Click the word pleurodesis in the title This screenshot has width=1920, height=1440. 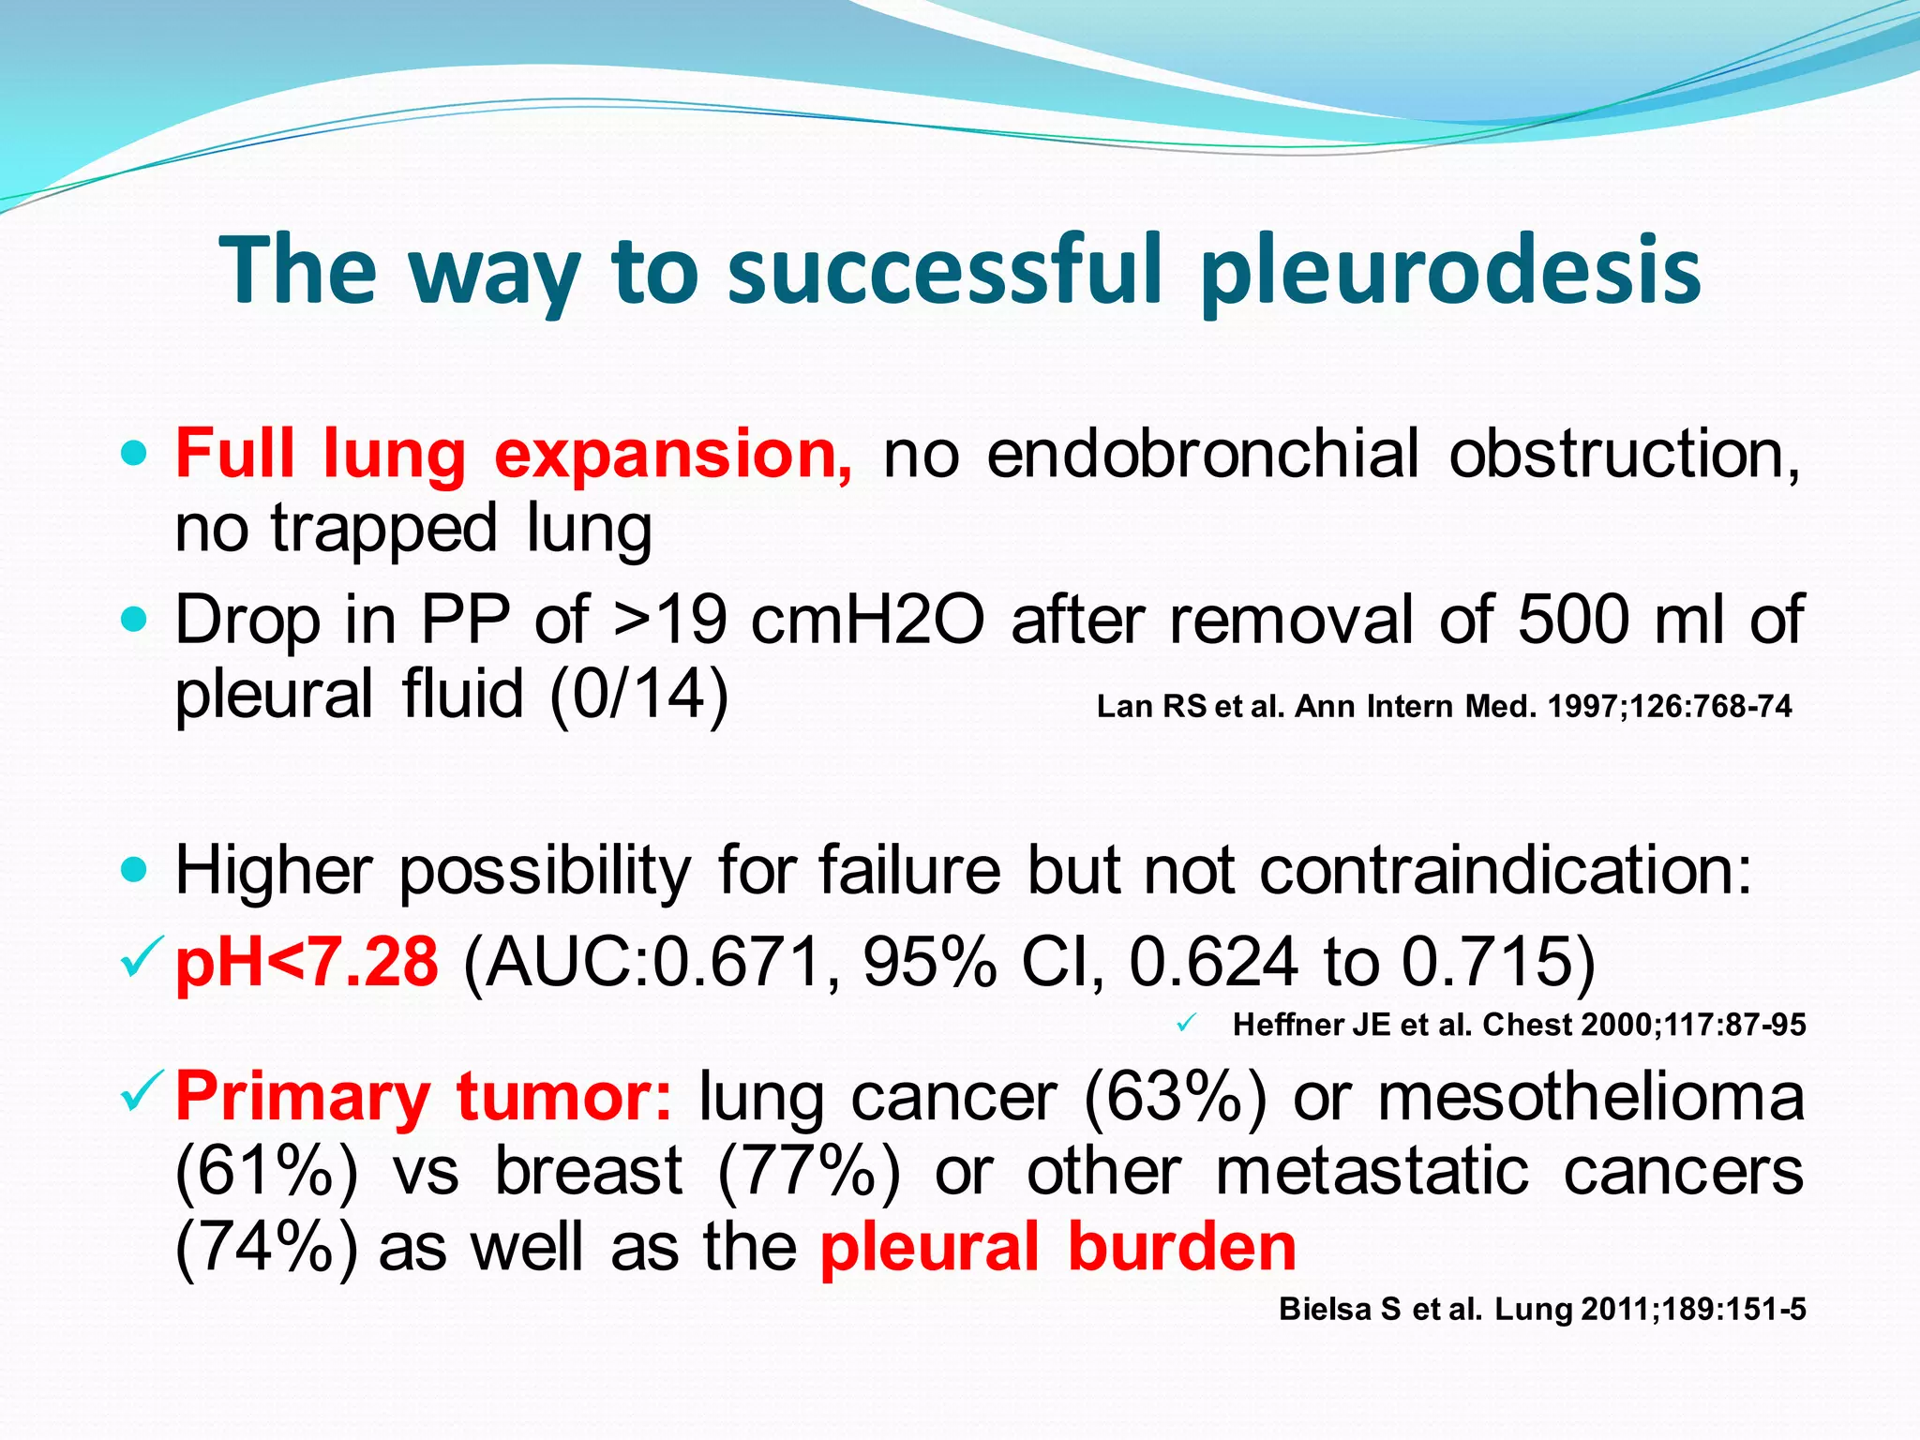coord(1450,272)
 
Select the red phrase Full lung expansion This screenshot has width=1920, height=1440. coord(514,454)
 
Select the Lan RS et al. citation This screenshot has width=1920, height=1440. coord(1444,706)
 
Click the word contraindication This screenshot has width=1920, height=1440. coord(1505,871)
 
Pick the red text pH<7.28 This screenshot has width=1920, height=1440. coord(307,963)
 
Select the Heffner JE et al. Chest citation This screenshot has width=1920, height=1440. coord(1519,1025)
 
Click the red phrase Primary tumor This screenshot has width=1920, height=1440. coord(424,1096)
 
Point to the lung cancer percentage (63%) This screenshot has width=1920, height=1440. coord(1176,1096)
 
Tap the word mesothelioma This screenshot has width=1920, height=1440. coord(1591,1096)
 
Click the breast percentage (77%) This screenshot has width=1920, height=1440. coord(809,1172)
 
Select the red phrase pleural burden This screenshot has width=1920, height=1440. coord(1058,1247)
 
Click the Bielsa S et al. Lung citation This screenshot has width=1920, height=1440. coord(1542,1309)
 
